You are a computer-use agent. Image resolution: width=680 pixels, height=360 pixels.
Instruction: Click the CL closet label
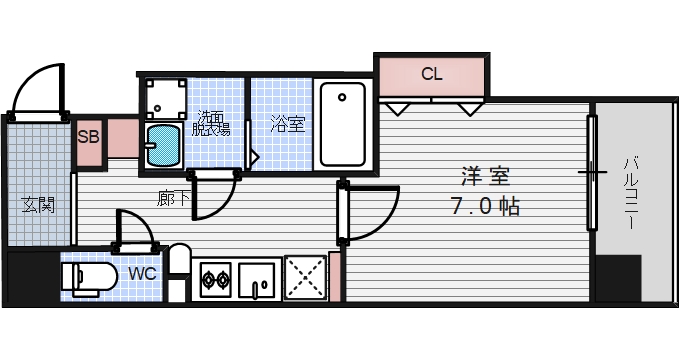point(431,74)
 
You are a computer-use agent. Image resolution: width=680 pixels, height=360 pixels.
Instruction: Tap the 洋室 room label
point(485,178)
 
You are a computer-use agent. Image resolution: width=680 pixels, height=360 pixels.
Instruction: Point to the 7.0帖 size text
point(485,207)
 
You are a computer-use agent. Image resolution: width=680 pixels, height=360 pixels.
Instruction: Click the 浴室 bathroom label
point(288,124)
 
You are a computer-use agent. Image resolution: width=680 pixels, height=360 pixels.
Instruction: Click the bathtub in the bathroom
point(343,127)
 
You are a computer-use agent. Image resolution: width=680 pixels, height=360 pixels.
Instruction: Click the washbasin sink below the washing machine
point(163,145)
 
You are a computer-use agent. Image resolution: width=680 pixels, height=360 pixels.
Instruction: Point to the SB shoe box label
point(88,137)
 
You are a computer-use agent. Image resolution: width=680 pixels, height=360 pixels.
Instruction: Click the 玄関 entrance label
point(39,205)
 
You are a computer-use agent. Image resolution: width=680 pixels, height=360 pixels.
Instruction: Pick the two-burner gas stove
point(217,277)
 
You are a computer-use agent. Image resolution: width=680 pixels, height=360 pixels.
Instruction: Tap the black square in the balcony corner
point(620,277)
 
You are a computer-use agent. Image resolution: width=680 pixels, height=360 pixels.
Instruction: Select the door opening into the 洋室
point(365,212)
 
